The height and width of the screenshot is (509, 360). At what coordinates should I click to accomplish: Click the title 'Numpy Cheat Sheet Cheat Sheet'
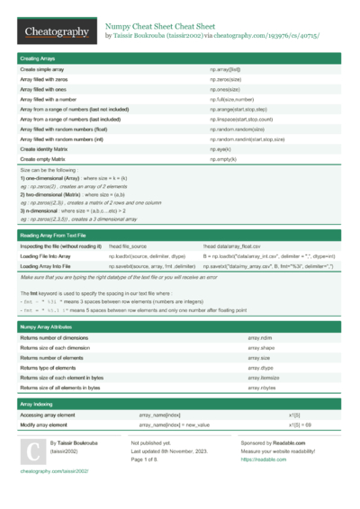(159, 27)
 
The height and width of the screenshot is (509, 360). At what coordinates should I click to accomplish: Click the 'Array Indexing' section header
(39, 406)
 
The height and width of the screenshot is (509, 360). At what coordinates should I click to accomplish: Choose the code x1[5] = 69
(300, 424)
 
